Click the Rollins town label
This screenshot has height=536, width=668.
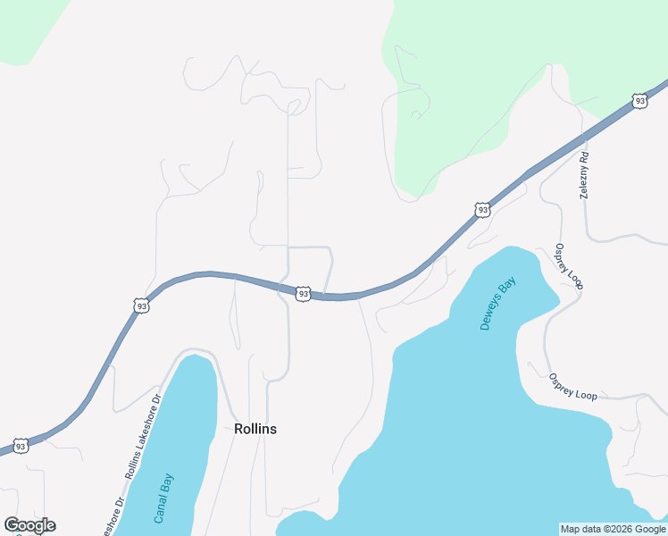click(x=255, y=429)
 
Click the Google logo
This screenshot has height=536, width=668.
click(x=29, y=525)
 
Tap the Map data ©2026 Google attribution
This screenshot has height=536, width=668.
click(x=613, y=529)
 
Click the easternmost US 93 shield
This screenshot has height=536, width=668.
click(x=639, y=101)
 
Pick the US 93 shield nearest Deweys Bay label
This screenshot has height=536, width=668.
click(x=482, y=210)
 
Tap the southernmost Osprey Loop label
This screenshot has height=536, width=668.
click(x=572, y=386)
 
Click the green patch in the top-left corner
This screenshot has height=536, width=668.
click(x=27, y=27)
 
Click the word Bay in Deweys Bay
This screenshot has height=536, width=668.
click(x=510, y=288)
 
